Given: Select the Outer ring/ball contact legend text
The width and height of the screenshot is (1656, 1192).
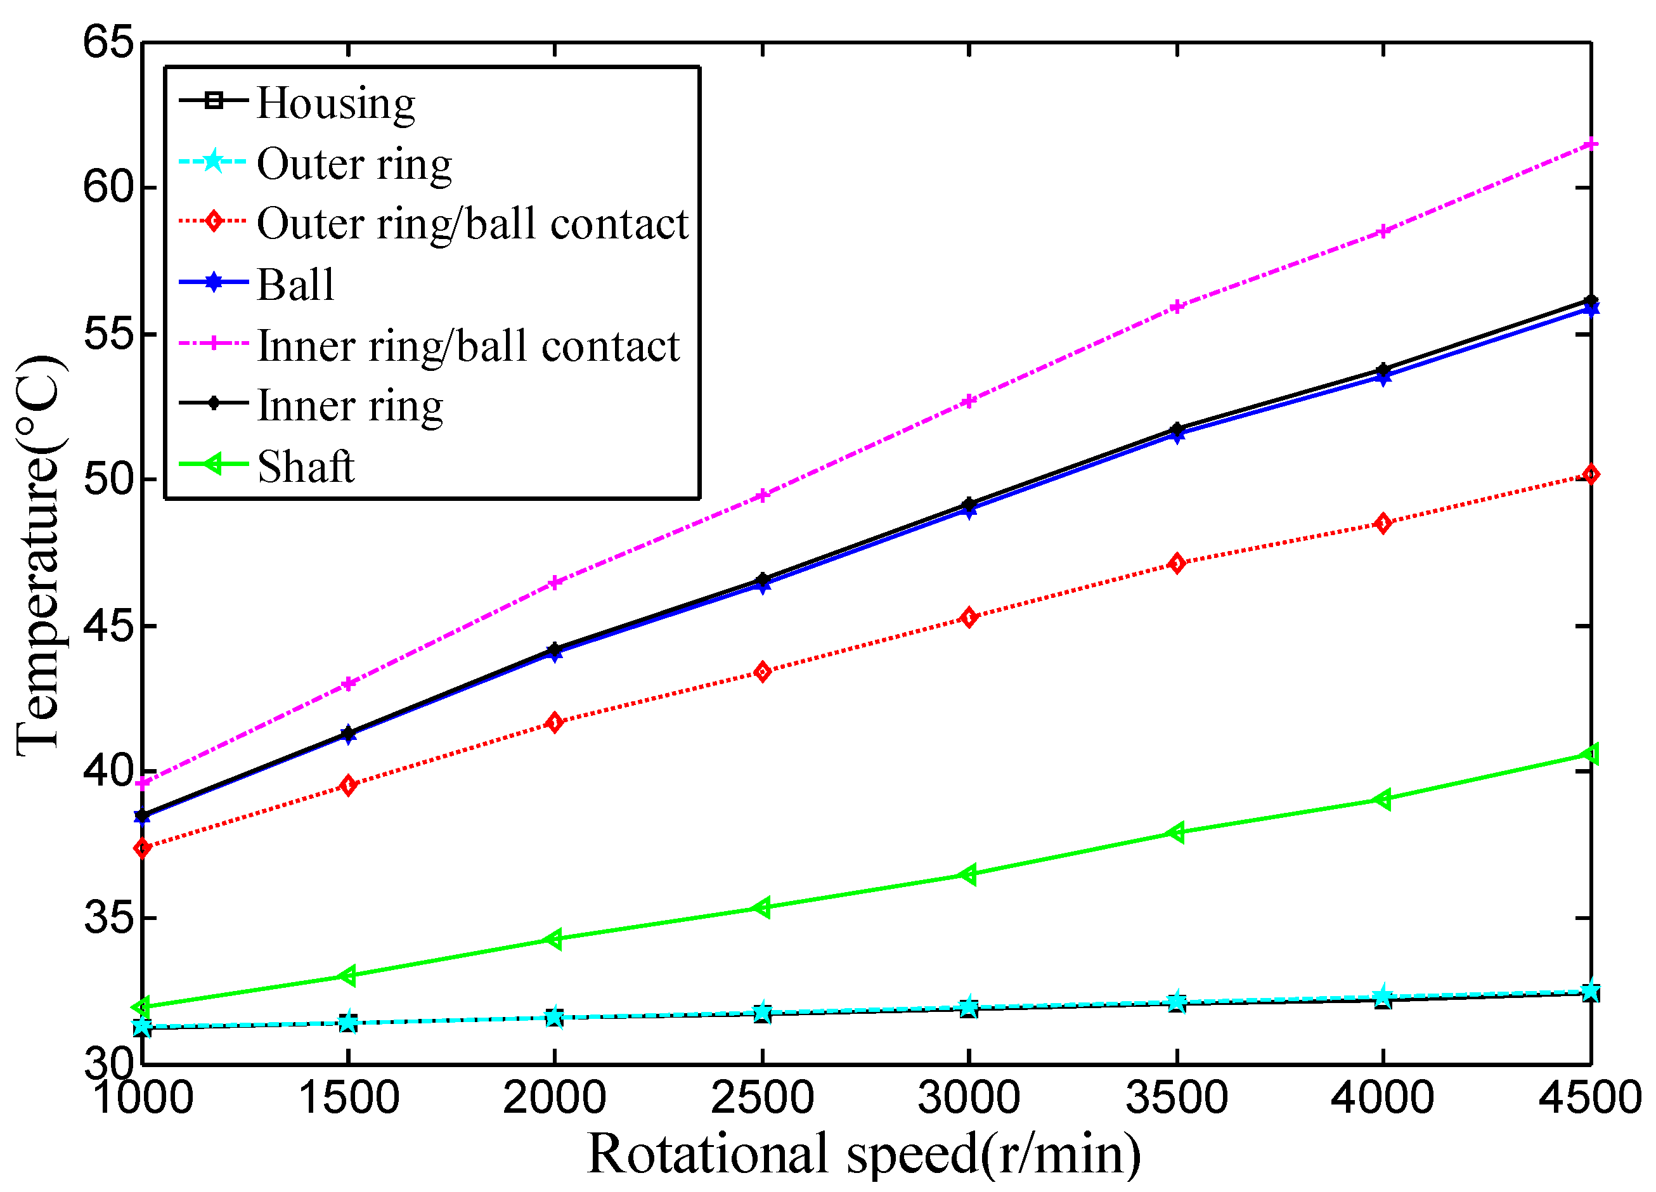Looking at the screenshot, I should coord(472,223).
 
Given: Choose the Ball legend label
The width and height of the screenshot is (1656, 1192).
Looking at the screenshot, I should coord(295,284).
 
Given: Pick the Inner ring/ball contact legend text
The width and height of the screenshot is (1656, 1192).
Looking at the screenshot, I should coord(468,346).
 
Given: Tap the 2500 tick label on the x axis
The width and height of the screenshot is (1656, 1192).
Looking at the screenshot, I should coord(761,1098).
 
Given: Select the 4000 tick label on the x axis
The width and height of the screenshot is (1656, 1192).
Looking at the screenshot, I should coord(1382,1098).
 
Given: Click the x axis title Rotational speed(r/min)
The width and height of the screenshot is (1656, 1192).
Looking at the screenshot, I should coord(864,1155).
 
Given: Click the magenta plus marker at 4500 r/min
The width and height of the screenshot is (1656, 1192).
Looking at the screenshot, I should coord(1590,145).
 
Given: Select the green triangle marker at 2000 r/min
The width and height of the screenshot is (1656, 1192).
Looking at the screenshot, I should coord(554,939).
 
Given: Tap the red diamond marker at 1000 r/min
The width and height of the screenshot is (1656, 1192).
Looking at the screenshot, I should coord(143,848).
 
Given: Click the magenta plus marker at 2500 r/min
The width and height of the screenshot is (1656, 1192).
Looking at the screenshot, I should coord(761,496).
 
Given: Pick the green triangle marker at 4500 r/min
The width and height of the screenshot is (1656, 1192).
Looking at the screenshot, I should coord(1589,755).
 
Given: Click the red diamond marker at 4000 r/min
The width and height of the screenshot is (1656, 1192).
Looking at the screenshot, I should coord(1382,523).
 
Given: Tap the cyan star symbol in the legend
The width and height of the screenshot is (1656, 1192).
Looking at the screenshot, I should coord(212,160).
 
